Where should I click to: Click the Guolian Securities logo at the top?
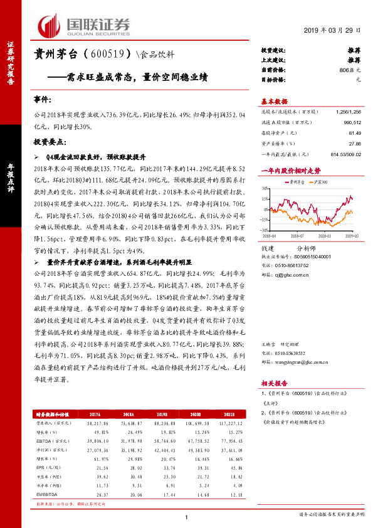84,24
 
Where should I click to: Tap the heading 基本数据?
274,101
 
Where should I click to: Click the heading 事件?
41,99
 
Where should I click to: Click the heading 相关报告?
274,383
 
